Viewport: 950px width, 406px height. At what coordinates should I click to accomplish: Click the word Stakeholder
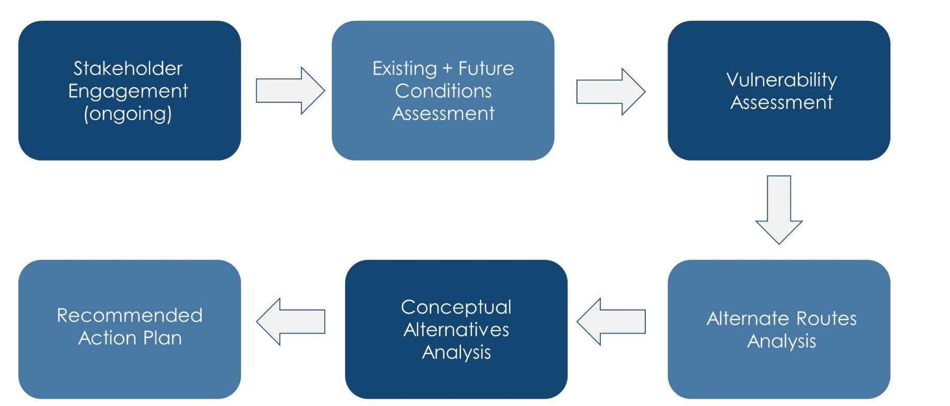[128, 68]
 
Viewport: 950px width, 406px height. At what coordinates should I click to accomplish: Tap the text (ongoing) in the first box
[128, 113]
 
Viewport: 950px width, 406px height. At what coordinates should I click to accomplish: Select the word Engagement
[128, 91]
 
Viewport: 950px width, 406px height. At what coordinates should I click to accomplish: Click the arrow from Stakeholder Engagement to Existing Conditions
[290, 91]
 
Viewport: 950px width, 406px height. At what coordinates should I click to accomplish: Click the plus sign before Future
[448, 68]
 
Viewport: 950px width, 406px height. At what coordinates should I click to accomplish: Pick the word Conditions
[443, 91]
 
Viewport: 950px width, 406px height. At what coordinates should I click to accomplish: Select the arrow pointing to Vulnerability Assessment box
[610, 91]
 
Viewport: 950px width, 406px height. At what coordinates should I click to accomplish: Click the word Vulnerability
[781, 80]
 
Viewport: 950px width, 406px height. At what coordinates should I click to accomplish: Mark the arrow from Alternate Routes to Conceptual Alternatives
[611, 321]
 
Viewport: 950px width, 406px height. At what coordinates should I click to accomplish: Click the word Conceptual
[456, 307]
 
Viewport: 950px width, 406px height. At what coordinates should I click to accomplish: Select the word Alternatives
[456, 330]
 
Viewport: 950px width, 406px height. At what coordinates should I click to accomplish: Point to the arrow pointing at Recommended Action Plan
[290, 321]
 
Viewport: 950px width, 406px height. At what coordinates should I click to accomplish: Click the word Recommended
[129, 315]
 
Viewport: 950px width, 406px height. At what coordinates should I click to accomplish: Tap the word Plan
[163, 338]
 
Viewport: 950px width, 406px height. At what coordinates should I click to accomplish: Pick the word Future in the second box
[486, 68]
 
